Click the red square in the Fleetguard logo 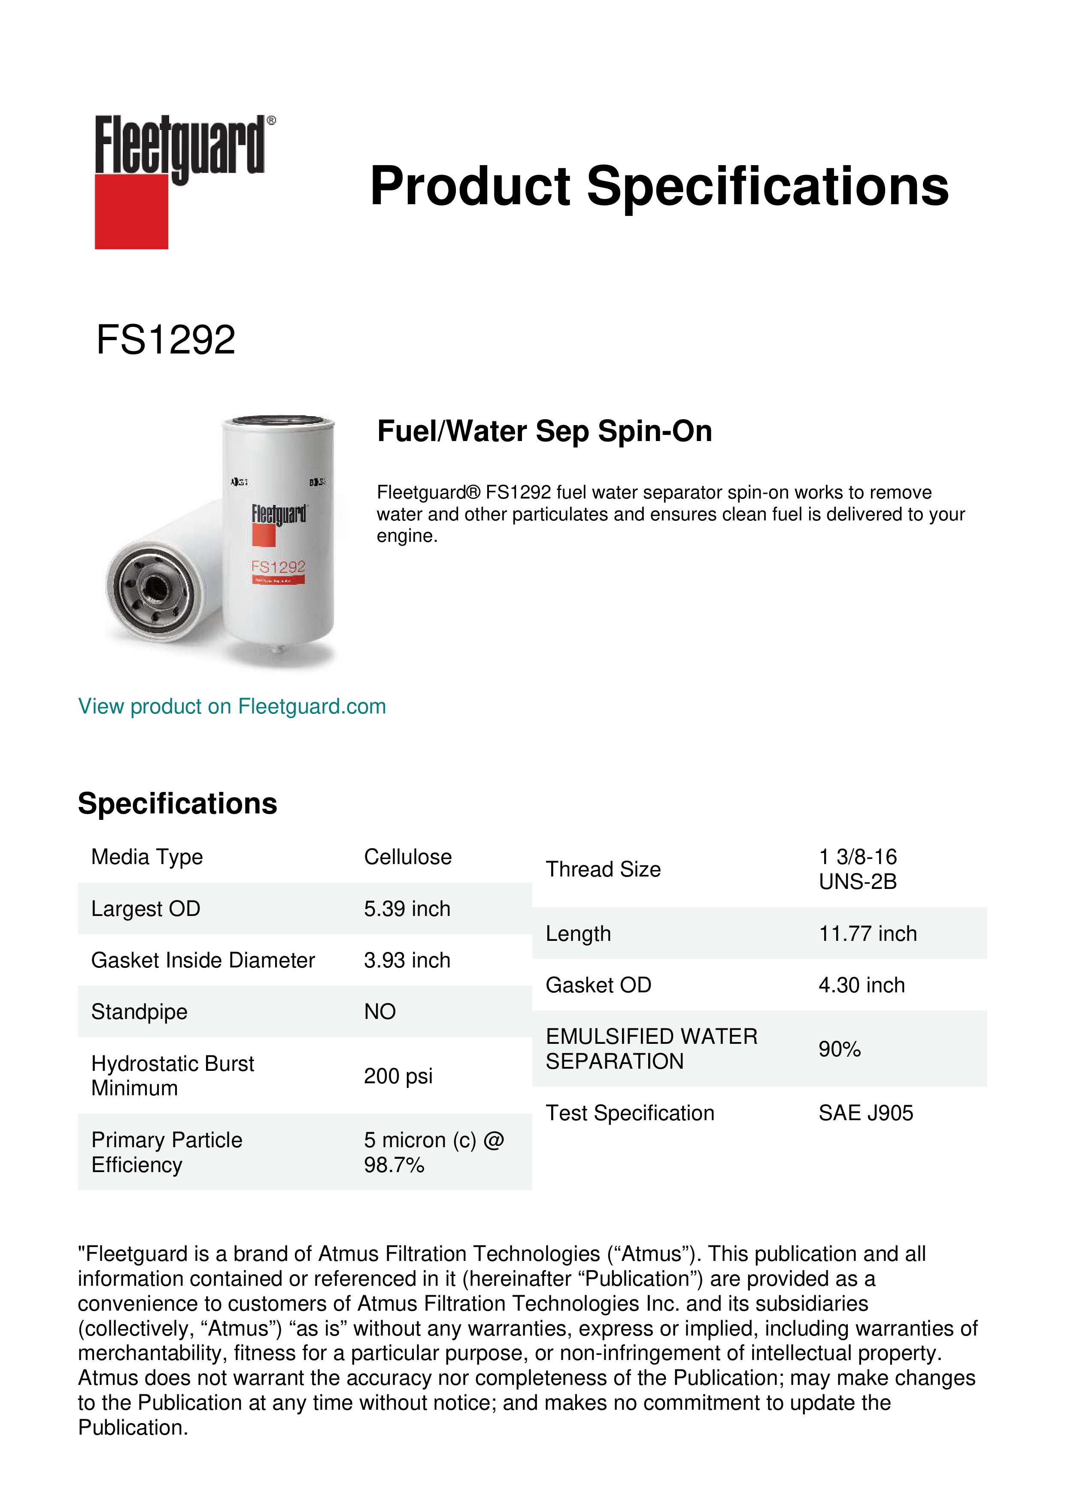(x=131, y=211)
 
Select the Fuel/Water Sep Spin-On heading (x=544, y=431)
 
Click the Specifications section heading (x=177, y=803)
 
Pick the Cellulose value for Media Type (x=407, y=857)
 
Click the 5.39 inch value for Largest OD (x=407, y=909)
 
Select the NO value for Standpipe (x=380, y=1012)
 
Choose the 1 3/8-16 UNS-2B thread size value (x=857, y=869)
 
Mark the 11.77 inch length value (x=867, y=934)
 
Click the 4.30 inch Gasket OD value (x=861, y=985)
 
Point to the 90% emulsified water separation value (x=839, y=1049)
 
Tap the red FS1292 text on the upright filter (x=279, y=566)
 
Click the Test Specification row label (x=630, y=1113)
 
